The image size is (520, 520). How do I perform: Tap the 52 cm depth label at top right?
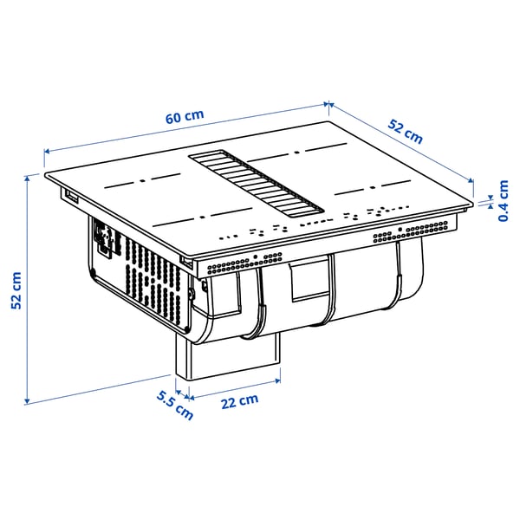click(x=406, y=131)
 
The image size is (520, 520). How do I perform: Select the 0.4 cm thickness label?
click(x=504, y=200)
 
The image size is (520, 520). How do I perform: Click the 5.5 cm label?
click(x=174, y=406)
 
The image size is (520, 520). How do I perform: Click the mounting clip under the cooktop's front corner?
click(x=187, y=261)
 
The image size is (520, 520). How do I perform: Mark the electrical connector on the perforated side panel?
click(x=104, y=241)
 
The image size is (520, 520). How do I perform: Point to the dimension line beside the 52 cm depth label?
click(x=400, y=142)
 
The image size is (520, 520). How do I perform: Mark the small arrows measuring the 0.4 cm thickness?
click(x=489, y=201)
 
